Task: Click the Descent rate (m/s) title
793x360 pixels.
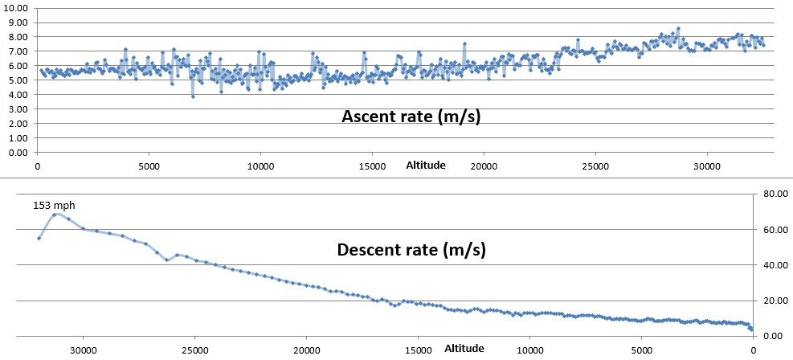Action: [x=411, y=250]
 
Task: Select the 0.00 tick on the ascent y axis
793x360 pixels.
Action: [x=16, y=152]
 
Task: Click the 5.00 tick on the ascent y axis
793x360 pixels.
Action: [x=16, y=80]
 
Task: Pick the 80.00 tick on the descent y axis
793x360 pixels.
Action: [x=772, y=194]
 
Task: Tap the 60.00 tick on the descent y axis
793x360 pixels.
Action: [x=772, y=229]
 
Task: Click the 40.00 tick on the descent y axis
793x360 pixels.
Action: [x=772, y=264]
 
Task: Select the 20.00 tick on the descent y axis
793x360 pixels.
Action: [x=772, y=300]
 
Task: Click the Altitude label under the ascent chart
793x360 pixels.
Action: [x=425, y=166]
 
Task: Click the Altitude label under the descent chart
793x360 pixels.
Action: [x=464, y=349]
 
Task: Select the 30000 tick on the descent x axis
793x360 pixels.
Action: [x=83, y=350]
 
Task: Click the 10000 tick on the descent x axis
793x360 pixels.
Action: [x=529, y=350]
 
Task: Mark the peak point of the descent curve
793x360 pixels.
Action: [x=55, y=215]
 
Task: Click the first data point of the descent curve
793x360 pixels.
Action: [x=39, y=238]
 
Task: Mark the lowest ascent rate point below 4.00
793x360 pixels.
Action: [x=193, y=96]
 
